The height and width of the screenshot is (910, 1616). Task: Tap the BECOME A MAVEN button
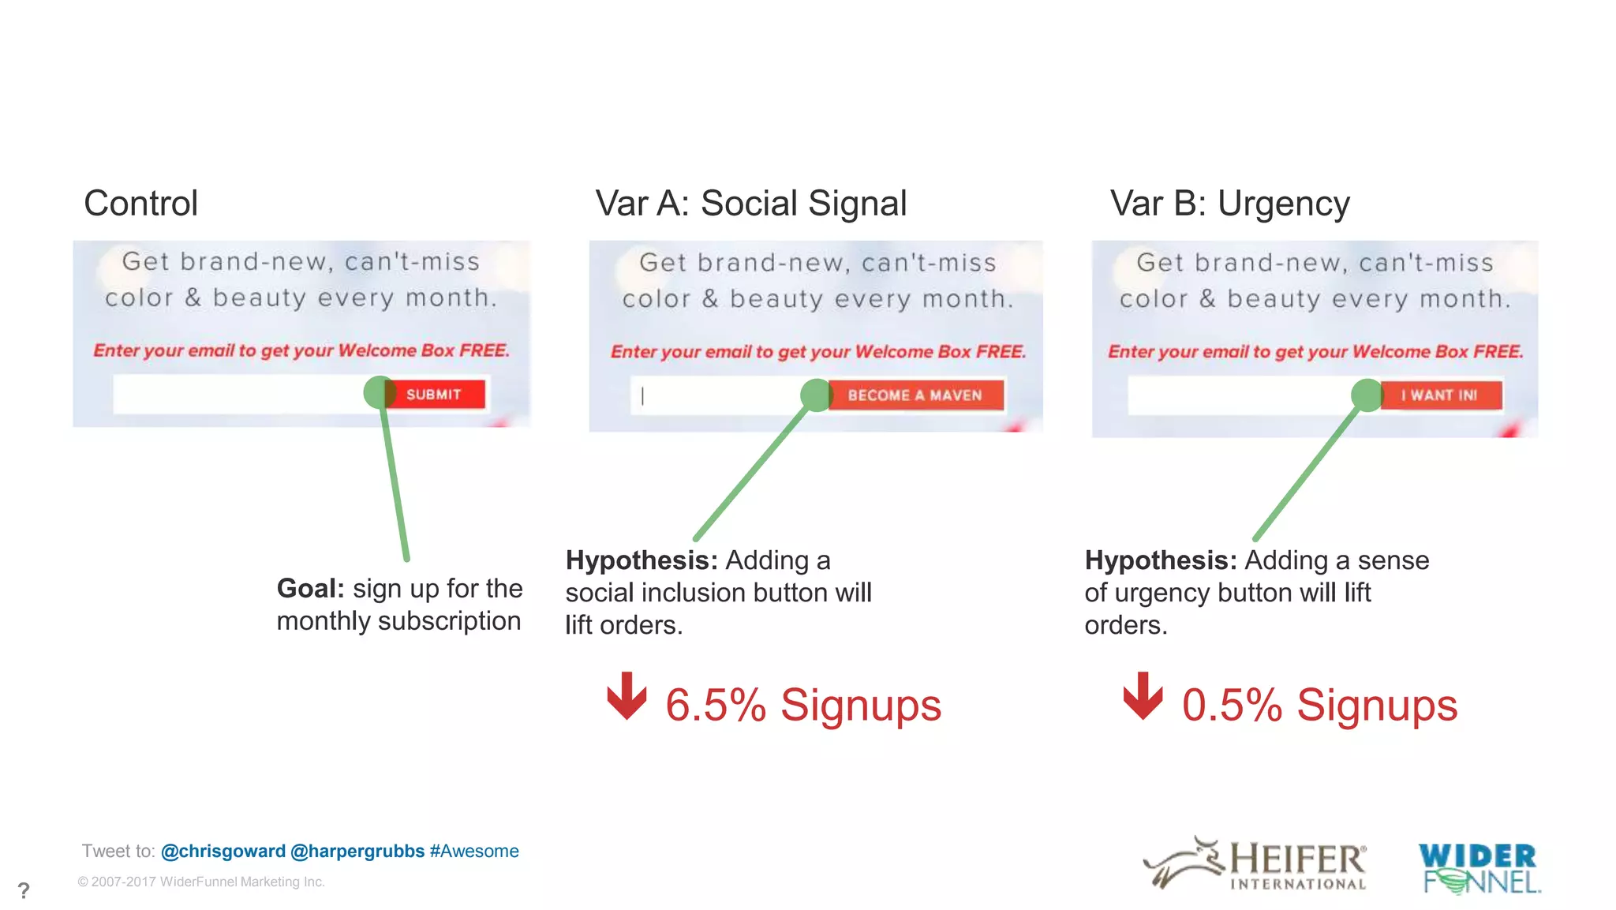(x=915, y=395)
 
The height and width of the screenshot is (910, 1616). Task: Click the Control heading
(x=140, y=204)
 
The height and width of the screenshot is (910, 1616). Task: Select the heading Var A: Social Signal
(x=750, y=204)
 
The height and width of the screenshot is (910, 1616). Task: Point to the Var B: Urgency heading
(x=1229, y=204)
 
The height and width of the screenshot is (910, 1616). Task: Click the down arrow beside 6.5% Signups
(x=627, y=695)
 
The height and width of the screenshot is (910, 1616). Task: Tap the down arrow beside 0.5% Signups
(x=1143, y=695)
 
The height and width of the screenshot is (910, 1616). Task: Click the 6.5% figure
(x=715, y=705)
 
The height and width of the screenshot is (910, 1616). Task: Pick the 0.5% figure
(x=1232, y=705)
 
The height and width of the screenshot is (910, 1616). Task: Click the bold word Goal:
(x=310, y=589)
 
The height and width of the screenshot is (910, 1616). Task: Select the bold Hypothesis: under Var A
(x=642, y=560)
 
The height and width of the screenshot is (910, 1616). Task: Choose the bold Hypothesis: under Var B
(x=1161, y=560)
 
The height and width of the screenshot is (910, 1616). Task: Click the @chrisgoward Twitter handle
(x=223, y=851)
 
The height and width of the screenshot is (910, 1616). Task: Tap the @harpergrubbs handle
(x=357, y=851)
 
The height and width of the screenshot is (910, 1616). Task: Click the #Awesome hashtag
(x=474, y=851)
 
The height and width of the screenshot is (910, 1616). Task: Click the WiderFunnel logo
(x=1479, y=867)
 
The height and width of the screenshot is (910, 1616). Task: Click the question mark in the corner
(x=24, y=891)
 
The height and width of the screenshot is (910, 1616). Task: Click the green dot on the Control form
(x=380, y=392)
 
